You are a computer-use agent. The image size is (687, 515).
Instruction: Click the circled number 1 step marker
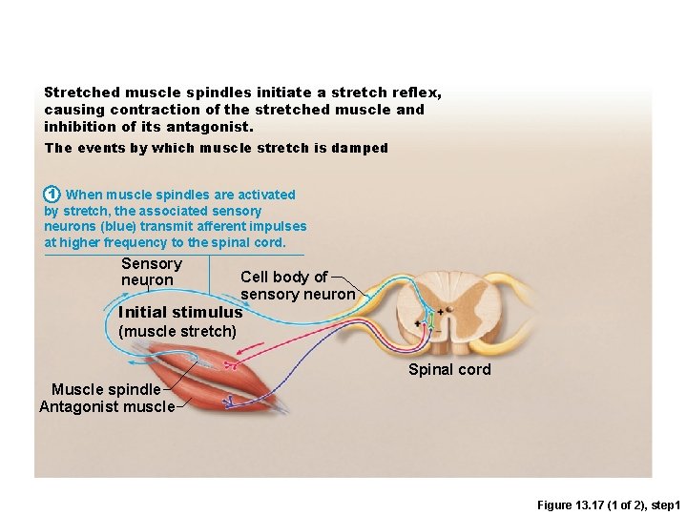pyautogui.click(x=53, y=195)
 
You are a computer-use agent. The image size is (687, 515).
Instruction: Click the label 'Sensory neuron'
pyautogui.click(x=151, y=272)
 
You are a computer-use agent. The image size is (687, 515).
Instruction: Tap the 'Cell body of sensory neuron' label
pyautogui.click(x=297, y=285)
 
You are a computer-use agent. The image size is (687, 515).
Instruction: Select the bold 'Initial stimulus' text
pyautogui.click(x=180, y=312)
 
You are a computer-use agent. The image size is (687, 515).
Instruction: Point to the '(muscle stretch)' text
pyautogui.click(x=177, y=332)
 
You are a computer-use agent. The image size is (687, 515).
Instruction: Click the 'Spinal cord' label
pyautogui.click(x=449, y=369)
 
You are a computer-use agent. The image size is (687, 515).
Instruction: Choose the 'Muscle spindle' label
pyautogui.click(x=106, y=389)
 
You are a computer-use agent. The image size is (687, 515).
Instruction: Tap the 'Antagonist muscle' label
pyautogui.click(x=107, y=407)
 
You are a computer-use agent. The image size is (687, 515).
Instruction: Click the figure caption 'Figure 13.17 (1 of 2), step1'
pyautogui.click(x=607, y=504)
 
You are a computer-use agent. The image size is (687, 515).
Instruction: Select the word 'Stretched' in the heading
pyautogui.click(x=82, y=93)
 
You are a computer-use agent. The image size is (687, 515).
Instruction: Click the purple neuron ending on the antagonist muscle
pyautogui.click(x=230, y=403)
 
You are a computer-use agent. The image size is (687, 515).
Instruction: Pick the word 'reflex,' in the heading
pyautogui.click(x=416, y=93)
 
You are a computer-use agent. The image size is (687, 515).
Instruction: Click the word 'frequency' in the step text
pyautogui.click(x=131, y=242)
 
